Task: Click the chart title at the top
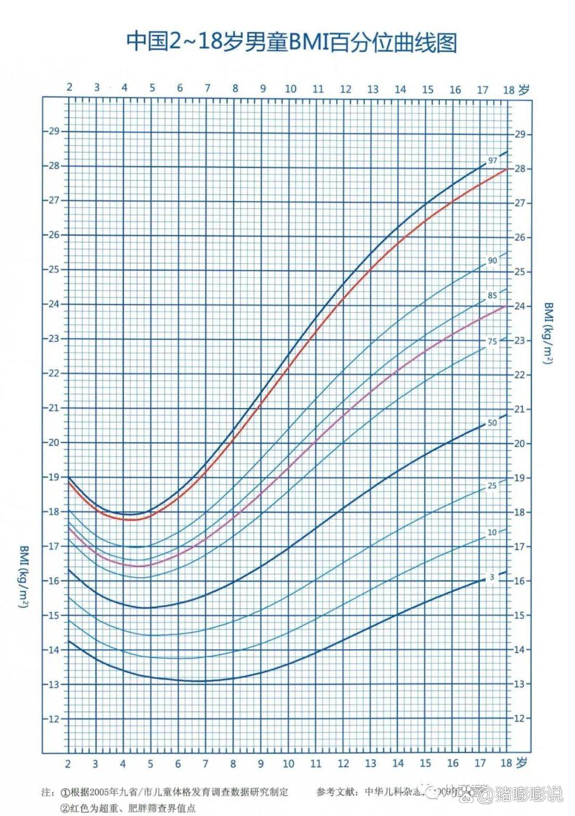tap(291, 42)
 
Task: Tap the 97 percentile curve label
tap(492, 160)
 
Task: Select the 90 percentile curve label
tap(492, 260)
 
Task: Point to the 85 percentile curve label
tap(492, 296)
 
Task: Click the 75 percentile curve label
tap(492, 341)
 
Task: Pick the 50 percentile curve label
tap(492, 423)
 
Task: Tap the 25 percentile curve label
tap(492, 486)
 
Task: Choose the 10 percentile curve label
tap(492, 532)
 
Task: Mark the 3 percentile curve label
tap(492, 577)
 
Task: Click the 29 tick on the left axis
tap(54, 131)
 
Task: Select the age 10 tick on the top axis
tap(290, 89)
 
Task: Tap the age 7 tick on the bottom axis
tap(206, 763)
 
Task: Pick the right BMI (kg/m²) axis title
tap(549, 333)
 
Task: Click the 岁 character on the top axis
tap(524, 89)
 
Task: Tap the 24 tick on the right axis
tap(519, 306)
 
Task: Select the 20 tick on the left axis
tap(54, 442)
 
